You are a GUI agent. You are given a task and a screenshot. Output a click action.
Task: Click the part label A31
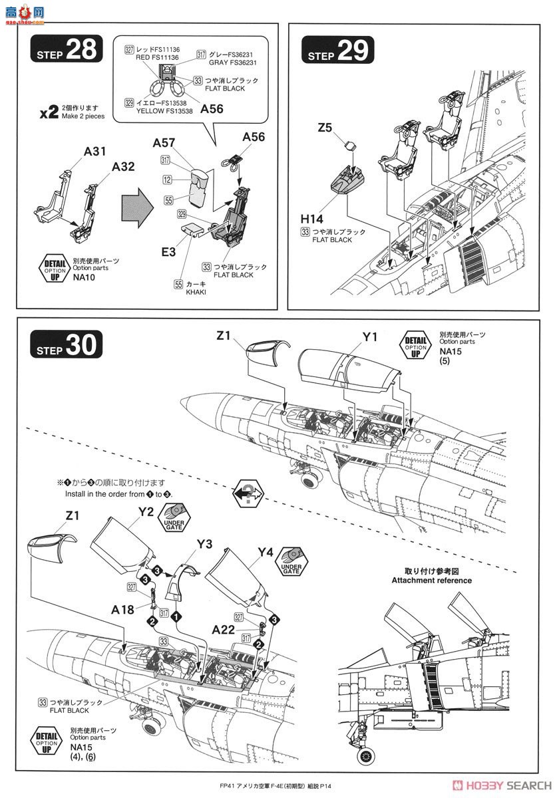tap(95, 152)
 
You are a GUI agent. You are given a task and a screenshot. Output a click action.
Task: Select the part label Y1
tap(370, 337)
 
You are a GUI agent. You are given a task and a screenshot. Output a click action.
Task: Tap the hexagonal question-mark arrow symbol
tap(243, 493)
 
